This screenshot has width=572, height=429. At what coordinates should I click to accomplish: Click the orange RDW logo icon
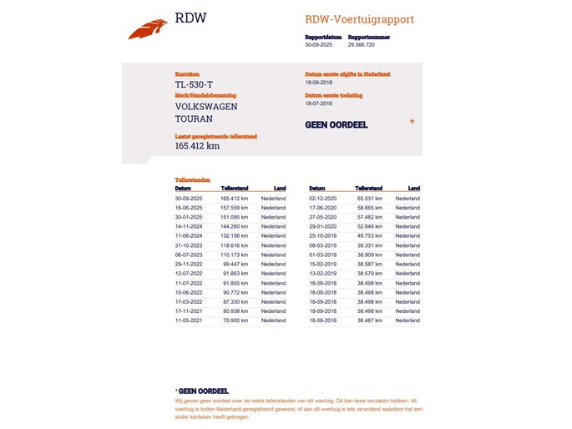(148, 28)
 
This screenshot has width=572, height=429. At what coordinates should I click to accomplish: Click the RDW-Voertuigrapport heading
(359, 19)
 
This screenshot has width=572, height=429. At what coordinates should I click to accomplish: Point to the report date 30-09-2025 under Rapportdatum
(318, 44)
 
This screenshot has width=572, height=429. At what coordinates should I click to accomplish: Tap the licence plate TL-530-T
(194, 84)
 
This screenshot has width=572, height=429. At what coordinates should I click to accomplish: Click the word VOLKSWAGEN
(205, 107)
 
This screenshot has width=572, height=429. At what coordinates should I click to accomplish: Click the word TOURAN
(194, 119)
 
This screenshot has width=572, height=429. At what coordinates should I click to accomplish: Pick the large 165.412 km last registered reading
(197, 146)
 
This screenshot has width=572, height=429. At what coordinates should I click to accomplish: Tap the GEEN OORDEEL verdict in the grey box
(336, 125)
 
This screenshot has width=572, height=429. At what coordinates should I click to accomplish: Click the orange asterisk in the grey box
(412, 123)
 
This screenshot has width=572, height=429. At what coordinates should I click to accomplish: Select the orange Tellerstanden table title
(192, 180)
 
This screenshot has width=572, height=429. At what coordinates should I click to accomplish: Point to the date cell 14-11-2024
(189, 225)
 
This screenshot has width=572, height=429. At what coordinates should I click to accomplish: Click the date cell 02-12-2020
(322, 199)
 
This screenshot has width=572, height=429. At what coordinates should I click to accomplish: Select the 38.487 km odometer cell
(369, 320)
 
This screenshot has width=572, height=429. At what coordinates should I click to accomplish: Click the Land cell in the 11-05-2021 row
(273, 320)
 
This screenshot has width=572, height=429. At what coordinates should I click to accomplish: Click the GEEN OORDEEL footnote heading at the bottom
(202, 391)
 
